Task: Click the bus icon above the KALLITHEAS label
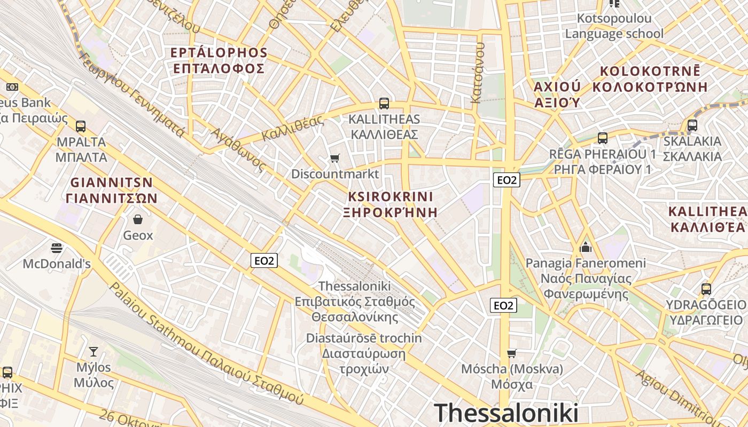point(384,103)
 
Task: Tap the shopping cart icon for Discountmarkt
point(334,157)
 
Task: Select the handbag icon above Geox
point(138,219)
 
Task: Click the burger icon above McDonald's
point(57,248)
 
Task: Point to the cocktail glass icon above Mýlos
point(93,351)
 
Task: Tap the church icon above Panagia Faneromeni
point(586,247)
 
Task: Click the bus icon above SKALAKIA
point(692,125)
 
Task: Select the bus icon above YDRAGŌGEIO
point(706,289)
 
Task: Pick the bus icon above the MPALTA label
point(81,126)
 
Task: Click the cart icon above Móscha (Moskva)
point(511,353)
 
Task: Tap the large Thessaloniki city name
point(506,413)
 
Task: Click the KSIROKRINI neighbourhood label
point(391,196)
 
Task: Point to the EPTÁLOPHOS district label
point(219,53)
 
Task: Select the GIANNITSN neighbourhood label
point(112,182)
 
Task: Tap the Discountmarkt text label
point(335,174)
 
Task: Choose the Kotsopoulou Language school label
point(614,26)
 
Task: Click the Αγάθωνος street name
point(238,149)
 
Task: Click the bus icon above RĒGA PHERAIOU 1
point(603,138)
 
